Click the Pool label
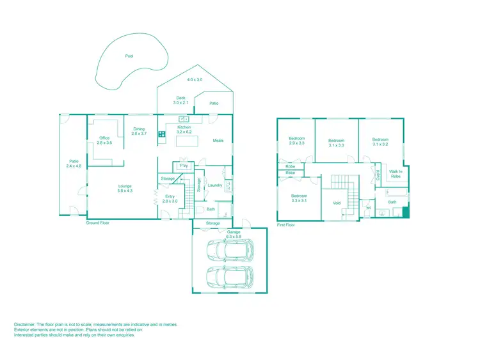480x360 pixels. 130,56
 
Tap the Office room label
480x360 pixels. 104,141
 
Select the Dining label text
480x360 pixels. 140,132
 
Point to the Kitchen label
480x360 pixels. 184,130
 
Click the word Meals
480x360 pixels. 218,141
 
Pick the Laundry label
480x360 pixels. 215,185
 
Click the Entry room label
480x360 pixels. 170,199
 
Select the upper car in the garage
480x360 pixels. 229,251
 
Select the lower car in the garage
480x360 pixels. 229,278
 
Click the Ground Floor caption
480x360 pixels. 97,223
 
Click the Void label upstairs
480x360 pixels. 337,203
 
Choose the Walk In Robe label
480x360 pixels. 395,173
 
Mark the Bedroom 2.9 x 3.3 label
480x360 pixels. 296,141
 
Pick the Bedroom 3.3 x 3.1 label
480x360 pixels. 299,198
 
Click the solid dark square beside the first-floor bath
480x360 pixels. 404,213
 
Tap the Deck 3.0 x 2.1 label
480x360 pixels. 181,100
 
